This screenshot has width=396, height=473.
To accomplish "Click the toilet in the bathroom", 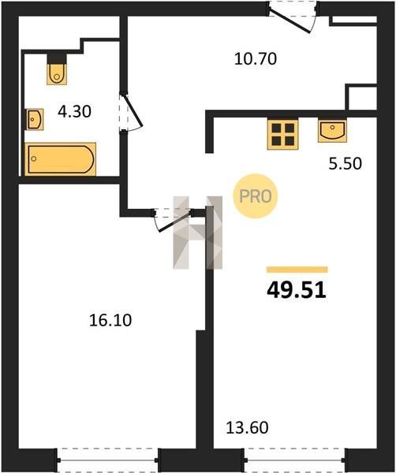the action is click(57, 74).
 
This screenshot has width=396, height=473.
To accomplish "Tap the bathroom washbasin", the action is click(35, 120).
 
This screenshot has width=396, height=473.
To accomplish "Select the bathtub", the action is click(61, 159).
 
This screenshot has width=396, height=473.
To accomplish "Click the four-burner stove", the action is click(283, 134).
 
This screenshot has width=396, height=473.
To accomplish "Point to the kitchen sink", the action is click(332, 131).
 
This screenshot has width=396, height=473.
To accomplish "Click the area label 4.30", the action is click(75, 112).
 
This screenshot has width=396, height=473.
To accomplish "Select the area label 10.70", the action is click(256, 59).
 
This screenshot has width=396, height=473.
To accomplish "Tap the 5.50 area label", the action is click(345, 164).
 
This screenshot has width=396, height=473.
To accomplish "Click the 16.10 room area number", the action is click(110, 320).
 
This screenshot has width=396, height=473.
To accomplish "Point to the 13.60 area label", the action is click(247, 428).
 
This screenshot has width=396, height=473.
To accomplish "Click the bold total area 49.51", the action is click(297, 290).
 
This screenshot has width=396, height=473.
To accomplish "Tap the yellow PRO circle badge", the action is click(256, 196).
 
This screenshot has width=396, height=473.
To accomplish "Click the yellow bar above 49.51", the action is click(297, 270).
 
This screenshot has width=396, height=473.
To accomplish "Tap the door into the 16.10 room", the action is click(174, 220).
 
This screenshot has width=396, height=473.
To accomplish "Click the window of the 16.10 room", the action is click(108, 460).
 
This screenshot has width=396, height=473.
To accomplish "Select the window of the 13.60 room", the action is click(295, 460).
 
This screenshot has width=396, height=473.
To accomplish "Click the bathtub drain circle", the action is click(34, 158).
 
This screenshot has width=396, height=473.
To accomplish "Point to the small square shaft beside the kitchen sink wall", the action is click(361, 97).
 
